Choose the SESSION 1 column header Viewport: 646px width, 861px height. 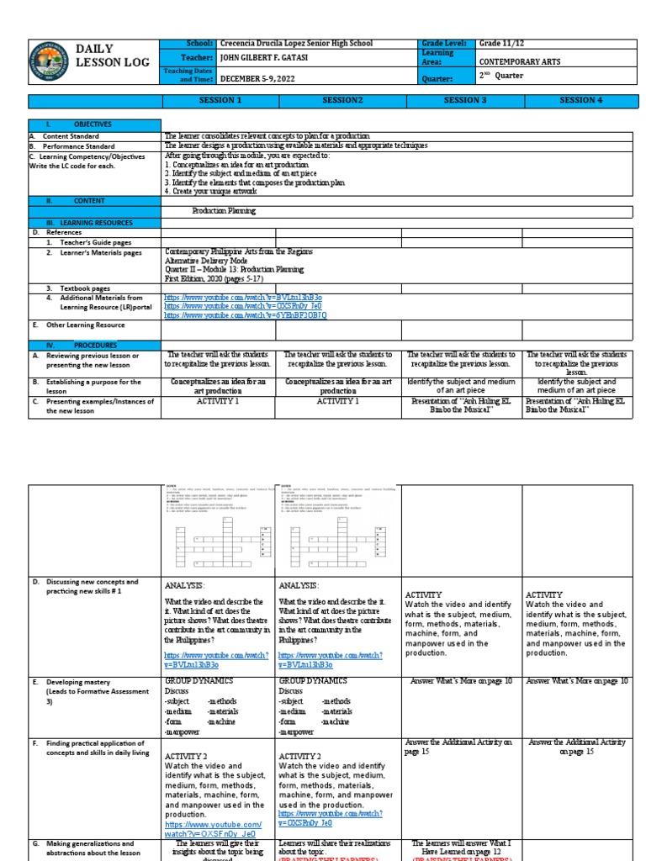coord(220,101)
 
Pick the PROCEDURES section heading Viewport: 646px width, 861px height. coord(95,345)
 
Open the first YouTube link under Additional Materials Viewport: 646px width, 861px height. coord(243,298)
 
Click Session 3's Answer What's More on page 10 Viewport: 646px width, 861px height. coord(461,681)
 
